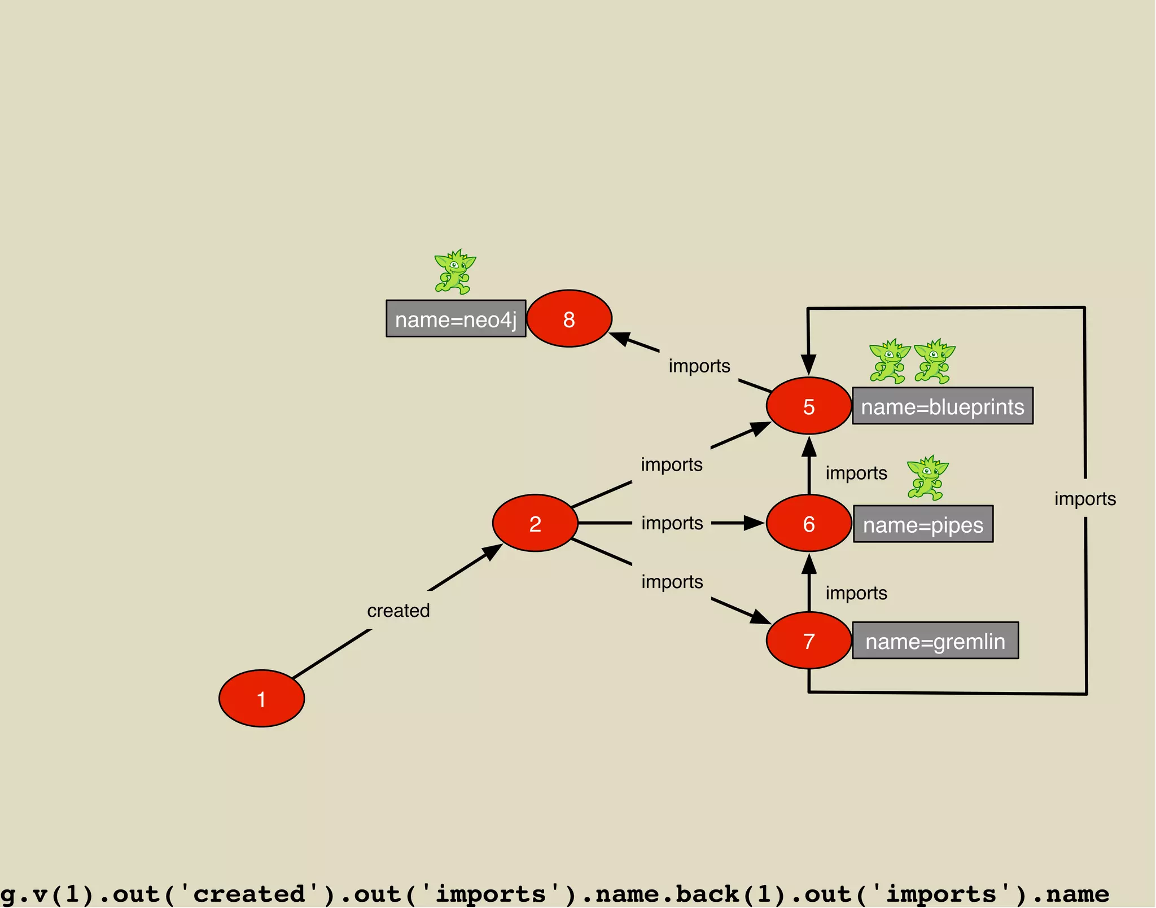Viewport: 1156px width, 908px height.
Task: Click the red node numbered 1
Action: [x=261, y=699]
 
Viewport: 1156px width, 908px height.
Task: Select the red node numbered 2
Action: [x=535, y=523]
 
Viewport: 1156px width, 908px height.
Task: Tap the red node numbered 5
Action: [x=809, y=406]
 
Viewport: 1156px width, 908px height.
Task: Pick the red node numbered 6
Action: [x=809, y=523]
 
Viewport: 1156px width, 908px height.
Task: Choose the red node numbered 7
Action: [x=809, y=641]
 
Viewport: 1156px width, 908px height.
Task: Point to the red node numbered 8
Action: [x=569, y=319]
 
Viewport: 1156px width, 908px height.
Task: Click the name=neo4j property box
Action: [x=456, y=319]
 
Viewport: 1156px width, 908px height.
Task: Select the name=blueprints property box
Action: [x=942, y=406]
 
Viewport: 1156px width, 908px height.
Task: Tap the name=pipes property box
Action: [x=923, y=524]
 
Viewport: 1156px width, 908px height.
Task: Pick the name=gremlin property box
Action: [x=935, y=641]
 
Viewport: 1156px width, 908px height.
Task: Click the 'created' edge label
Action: [x=399, y=611]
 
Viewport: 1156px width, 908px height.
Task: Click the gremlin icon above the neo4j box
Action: [x=455, y=272]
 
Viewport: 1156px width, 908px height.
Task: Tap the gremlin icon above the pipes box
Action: [x=927, y=478]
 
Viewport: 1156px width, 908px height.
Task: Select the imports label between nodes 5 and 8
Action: [x=699, y=366]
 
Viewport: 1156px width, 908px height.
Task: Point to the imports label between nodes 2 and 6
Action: [x=672, y=523]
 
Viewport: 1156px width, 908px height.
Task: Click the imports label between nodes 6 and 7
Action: [x=856, y=593]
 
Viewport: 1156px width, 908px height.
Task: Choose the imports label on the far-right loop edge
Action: [x=1085, y=499]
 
